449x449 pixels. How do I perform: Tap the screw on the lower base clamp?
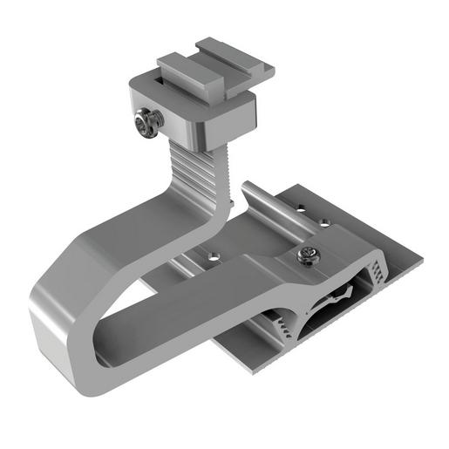307,255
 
